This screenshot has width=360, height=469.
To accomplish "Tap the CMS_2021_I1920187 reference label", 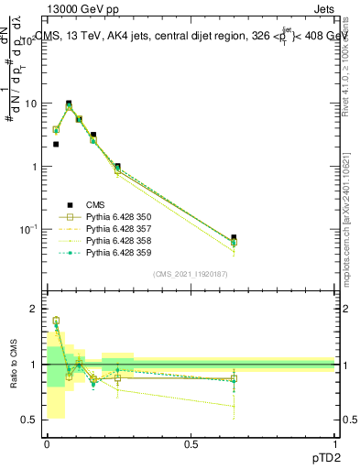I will pos(191,274).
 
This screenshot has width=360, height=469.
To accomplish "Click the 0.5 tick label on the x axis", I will pos(191,442).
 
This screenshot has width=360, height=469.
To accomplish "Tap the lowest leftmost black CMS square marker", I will pos(56,144).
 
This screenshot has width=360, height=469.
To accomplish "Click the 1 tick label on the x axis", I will pos(334,442).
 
